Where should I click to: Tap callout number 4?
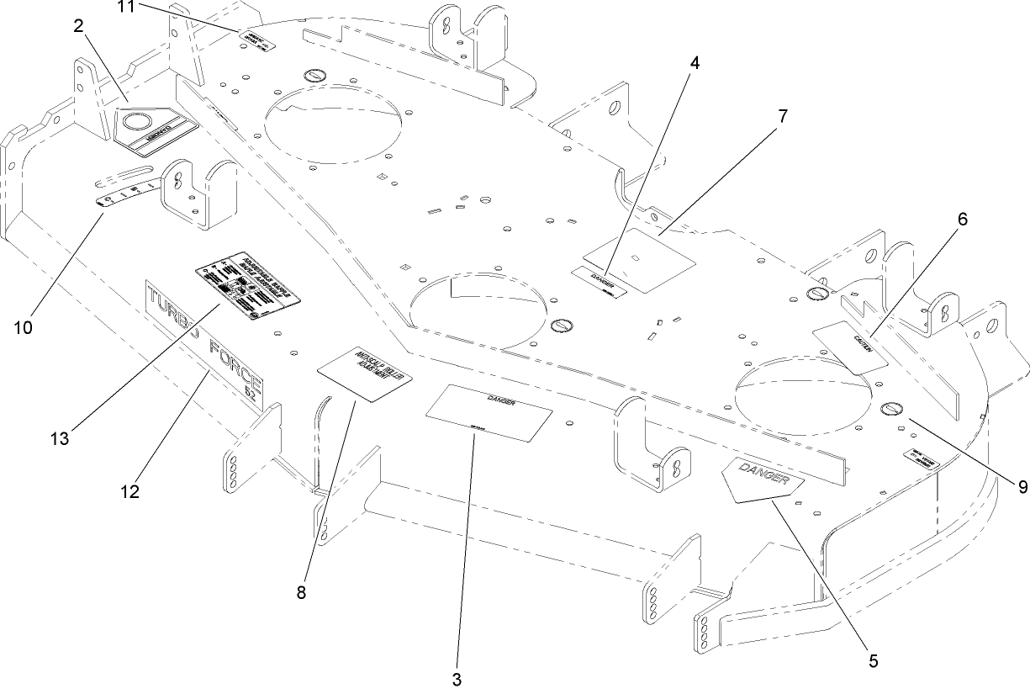(x=694, y=64)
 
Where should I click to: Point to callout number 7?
(x=782, y=116)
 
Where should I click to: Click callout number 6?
(x=962, y=220)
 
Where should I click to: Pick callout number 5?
(x=874, y=660)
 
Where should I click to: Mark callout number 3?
(x=457, y=679)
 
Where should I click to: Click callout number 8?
(x=302, y=592)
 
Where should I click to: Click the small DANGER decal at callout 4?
(x=600, y=282)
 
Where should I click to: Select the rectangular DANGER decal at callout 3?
(x=489, y=413)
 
